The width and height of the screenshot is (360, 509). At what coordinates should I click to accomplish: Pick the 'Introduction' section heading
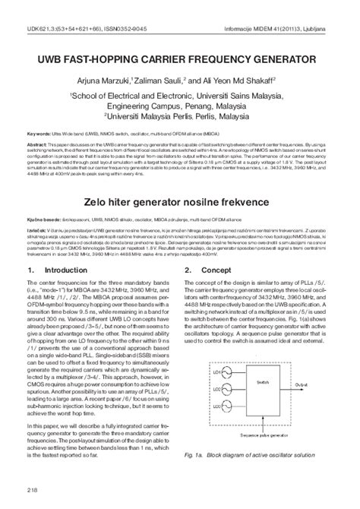coord(67,250)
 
